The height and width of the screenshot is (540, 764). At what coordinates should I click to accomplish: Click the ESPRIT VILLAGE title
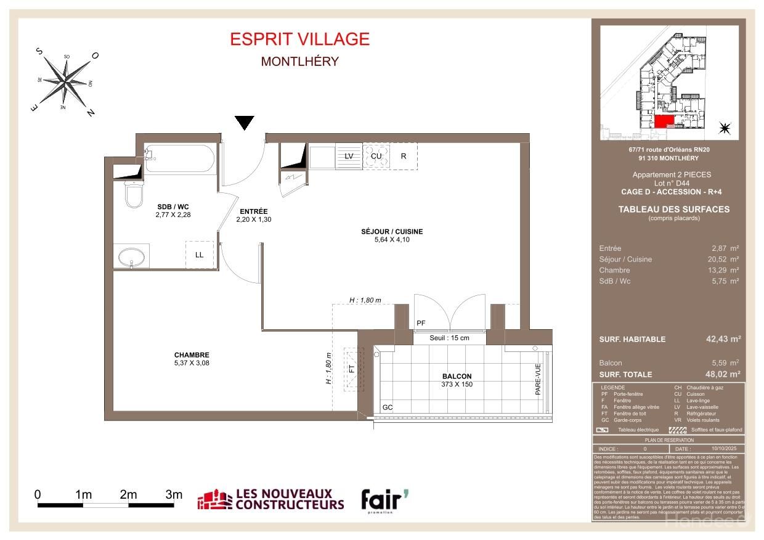tap(299, 39)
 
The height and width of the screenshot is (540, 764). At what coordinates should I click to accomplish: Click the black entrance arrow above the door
tap(245, 123)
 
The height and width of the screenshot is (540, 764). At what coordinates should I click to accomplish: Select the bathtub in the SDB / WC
tap(179, 160)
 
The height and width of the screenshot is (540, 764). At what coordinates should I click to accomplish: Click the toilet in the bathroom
tap(134, 193)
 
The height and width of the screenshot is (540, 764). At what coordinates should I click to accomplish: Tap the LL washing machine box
tap(199, 255)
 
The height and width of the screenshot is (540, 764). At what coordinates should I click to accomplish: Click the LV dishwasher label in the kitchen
tap(349, 156)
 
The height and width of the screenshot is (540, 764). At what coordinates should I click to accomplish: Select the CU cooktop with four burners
tap(376, 156)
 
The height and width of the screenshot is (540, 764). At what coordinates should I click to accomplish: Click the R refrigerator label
tap(404, 156)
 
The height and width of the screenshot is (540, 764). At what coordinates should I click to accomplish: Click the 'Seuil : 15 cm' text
tap(449, 338)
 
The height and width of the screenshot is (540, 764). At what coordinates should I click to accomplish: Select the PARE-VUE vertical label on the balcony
tap(537, 378)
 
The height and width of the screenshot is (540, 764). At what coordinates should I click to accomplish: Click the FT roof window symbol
tap(352, 370)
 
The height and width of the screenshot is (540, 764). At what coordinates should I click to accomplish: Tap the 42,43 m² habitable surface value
tap(723, 339)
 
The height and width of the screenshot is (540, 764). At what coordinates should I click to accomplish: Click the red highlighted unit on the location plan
tap(660, 121)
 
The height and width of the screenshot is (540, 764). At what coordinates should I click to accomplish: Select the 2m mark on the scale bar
tap(128, 494)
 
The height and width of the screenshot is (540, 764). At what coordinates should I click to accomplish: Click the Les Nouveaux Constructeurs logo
tap(270, 500)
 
